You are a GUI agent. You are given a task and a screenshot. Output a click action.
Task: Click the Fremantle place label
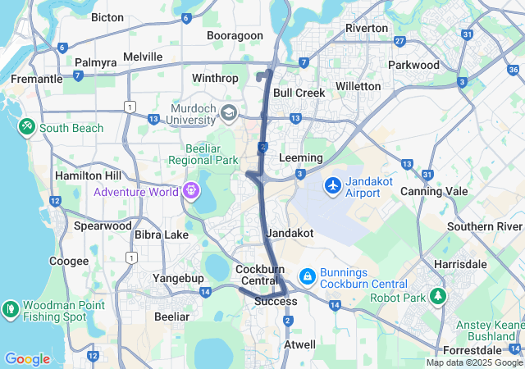36,79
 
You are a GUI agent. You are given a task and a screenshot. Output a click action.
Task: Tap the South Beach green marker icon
27,127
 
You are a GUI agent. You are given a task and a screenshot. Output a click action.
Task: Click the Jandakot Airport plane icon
333,185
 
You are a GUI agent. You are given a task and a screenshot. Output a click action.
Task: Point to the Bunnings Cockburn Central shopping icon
307,276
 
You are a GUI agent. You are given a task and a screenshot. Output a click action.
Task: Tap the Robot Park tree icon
439,296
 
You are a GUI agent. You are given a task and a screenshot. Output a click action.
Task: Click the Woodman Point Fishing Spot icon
11,309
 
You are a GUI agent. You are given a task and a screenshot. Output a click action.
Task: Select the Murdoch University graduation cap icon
229,112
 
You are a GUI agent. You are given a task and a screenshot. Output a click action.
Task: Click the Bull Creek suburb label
299,93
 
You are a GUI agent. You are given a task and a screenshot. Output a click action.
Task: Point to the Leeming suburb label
300,157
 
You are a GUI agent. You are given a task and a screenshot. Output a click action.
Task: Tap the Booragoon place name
235,35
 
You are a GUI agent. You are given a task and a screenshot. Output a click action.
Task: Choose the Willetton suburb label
358,86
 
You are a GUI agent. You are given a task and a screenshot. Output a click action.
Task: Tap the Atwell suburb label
299,344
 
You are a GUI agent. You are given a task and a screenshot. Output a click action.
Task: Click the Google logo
27,359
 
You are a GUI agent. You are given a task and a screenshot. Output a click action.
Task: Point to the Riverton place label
367,28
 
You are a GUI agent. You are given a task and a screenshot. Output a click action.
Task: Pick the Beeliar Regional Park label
203,153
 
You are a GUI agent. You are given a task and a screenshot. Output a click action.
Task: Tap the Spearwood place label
102,225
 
